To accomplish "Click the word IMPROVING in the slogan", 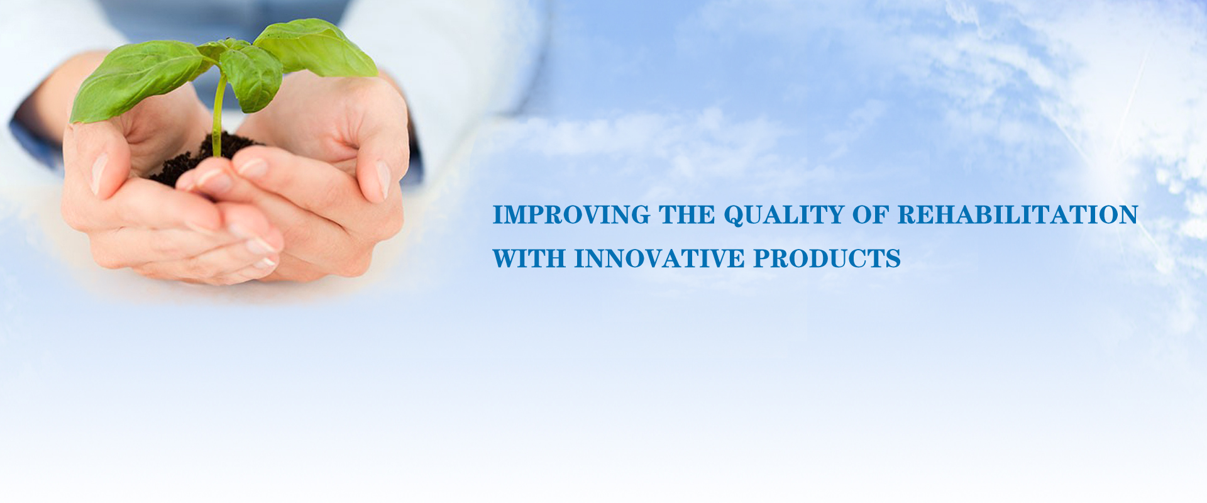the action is [x=571, y=215].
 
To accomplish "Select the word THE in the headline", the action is [x=687, y=215].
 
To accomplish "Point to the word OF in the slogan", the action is [x=870, y=215].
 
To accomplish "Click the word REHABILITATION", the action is [x=1018, y=215].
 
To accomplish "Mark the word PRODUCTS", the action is [x=827, y=259].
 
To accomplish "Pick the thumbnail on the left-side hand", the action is [x=99, y=174].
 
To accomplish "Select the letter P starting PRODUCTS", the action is [x=763, y=259].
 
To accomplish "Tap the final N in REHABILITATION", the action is [x=1128, y=215].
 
